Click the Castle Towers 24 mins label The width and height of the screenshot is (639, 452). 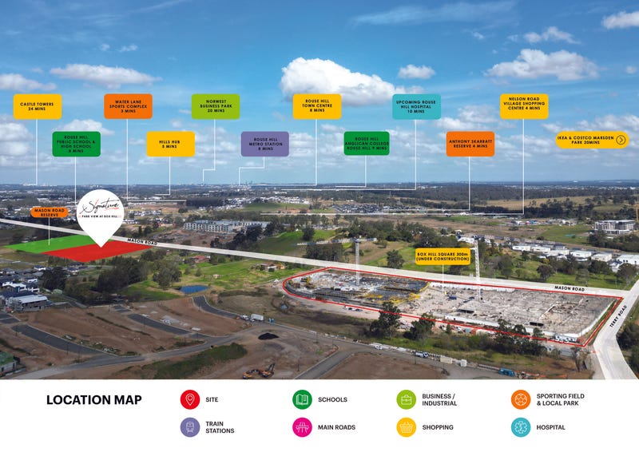coord(37,106)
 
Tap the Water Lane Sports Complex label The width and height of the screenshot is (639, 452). coord(128,106)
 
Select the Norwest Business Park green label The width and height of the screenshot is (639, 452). coord(215,106)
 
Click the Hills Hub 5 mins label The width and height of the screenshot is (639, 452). coord(170,144)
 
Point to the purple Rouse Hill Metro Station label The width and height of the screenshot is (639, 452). coord(264,144)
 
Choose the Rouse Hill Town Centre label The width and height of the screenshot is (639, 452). coord(316,106)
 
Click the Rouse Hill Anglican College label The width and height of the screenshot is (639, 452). coord(367,144)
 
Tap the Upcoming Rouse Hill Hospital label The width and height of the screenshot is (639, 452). coord(416,106)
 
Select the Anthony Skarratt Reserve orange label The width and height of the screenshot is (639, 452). coord(470,144)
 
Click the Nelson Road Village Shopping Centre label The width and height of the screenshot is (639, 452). coord(524,106)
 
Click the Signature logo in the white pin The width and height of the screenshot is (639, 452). coord(101,206)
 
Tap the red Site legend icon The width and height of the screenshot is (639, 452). coord(190,399)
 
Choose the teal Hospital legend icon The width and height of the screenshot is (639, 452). coord(521,427)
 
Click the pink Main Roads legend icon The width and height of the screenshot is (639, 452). coord(302,427)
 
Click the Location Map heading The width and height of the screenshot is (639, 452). coord(93,400)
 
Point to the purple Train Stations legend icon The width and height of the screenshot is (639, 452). coord(190,427)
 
